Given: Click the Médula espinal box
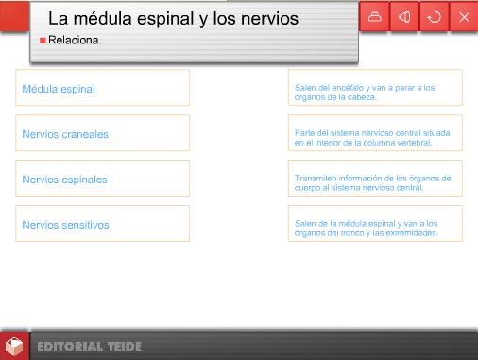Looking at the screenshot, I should click(102, 88).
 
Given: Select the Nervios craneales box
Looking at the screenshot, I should click(102, 133).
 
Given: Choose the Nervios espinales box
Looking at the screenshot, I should click(102, 179).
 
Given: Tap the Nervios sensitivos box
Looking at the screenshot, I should click(102, 224).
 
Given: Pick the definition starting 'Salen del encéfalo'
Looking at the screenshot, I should click(375, 92).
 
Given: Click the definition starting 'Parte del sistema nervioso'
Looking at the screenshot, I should click(375, 137).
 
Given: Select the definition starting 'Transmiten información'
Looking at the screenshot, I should click(375, 182).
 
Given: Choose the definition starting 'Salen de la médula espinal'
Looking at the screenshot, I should click(375, 228).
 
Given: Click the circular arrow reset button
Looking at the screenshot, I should click(434, 17).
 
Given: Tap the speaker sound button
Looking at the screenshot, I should click(404, 17).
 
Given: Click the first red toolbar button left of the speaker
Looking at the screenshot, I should click(375, 17).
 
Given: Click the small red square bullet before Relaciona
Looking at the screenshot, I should click(43, 41).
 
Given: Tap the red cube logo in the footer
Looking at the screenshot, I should click(14, 346).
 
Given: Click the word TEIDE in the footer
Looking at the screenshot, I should click(122, 347).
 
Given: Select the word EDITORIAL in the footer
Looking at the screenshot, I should click(69, 347).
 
